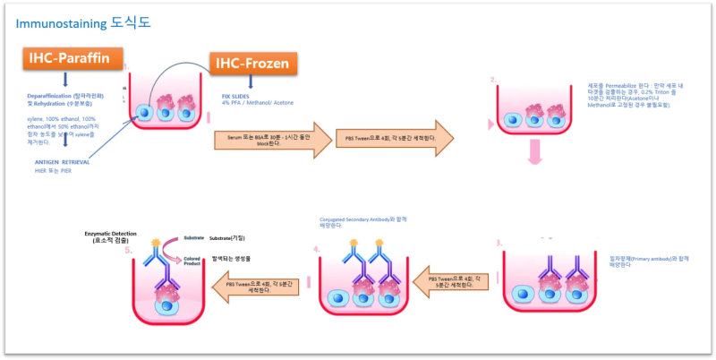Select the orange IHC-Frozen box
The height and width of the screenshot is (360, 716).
pyautogui.click(x=254, y=63)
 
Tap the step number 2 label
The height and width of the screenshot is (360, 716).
pyautogui.click(x=493, y=80)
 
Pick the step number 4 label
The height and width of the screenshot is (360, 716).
pyautogui.click(x=316, y=249)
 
